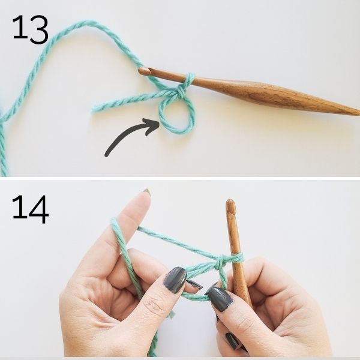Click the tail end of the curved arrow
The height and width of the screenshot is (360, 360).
[107, 155]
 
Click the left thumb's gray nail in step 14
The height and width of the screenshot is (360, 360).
[175, 280]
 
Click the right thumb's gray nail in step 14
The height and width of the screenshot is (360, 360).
[220, 298]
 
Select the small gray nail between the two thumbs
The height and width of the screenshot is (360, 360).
[194, 284]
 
